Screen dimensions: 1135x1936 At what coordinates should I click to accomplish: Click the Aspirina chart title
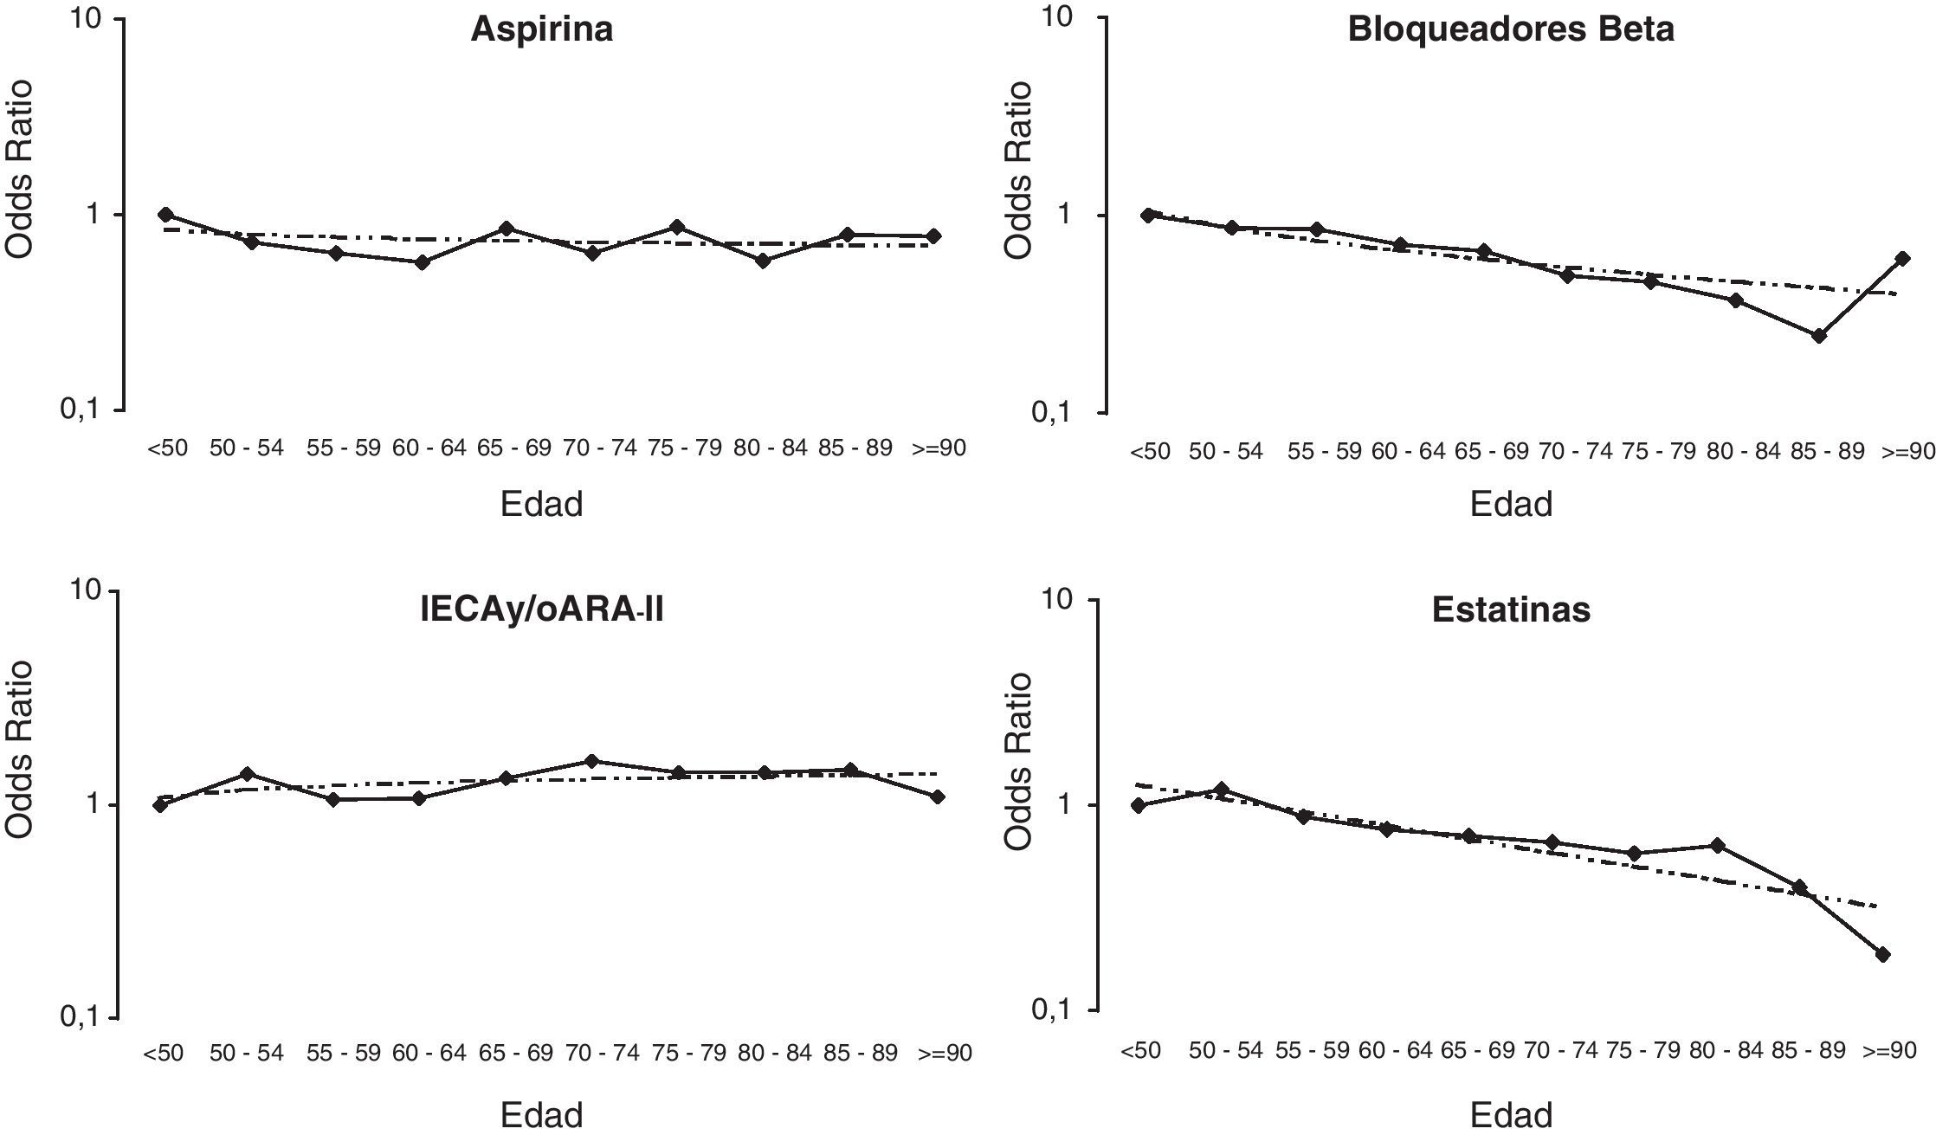click(542, 30)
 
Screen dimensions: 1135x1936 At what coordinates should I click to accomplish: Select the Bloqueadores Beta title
click(1511, 30)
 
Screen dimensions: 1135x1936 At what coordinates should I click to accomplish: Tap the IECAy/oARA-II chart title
click(542, 611)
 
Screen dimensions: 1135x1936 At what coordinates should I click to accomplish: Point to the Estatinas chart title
click(1511, 610)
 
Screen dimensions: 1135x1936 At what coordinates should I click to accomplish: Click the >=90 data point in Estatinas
click(1882, 954)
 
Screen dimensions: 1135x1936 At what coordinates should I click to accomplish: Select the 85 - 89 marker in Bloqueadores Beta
click(1819, 336)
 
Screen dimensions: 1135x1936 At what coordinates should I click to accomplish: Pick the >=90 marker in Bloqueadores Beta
click(1902, 258)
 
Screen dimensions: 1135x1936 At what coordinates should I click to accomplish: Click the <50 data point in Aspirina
click(165, 215)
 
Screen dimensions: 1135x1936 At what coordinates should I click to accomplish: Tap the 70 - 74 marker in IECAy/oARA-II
click(592, 761)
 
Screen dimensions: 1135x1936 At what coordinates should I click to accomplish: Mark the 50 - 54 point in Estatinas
click(1222, 789)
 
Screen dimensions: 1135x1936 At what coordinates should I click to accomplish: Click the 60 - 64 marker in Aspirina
click(423, 261)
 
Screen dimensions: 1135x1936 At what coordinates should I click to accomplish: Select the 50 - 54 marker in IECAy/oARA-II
click(247, 773)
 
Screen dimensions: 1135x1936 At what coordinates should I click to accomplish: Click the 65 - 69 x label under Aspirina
click(513, 448)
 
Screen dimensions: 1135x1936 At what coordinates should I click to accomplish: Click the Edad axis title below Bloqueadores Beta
click(1511, 504)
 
